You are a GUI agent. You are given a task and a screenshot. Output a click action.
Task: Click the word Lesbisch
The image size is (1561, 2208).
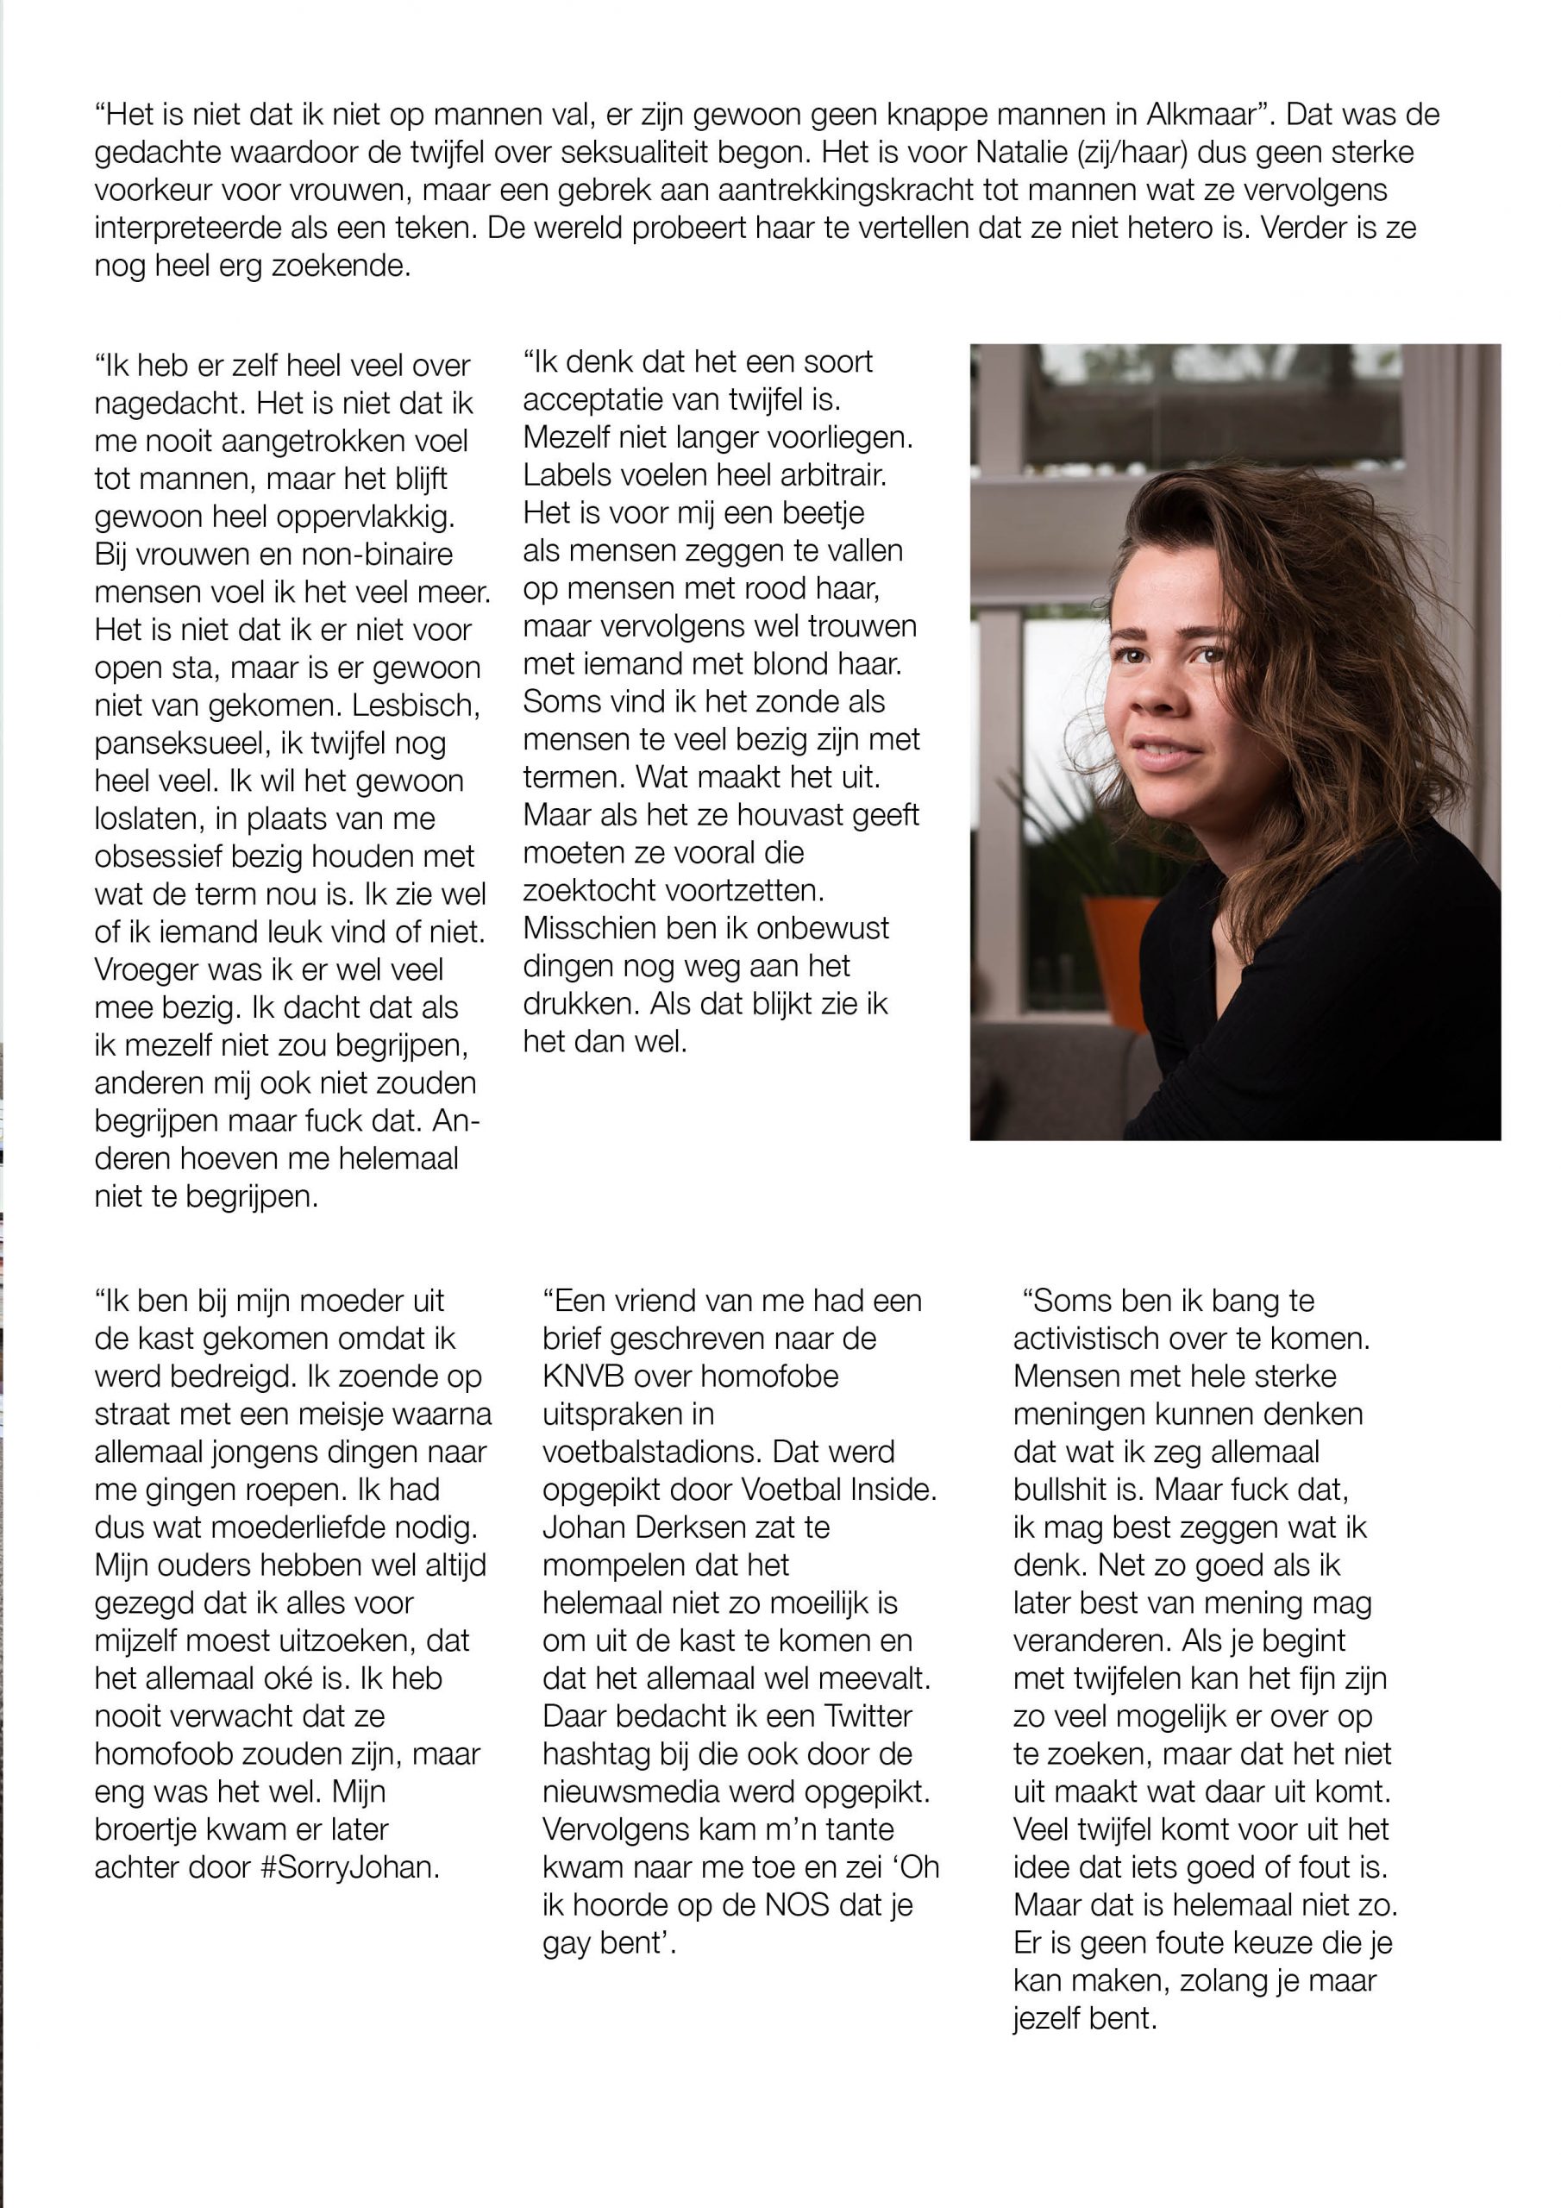416,706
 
